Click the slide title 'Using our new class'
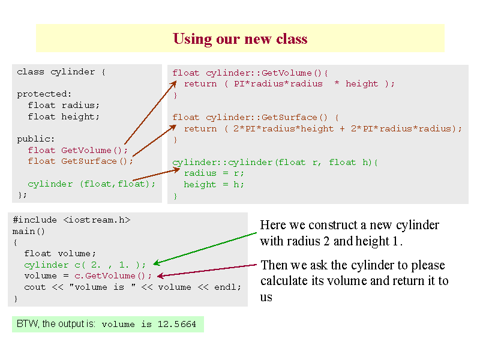click(240, 39)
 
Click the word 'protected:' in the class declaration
click(44, 94)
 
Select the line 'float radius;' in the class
click(64, 106)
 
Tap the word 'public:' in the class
click(36, 139)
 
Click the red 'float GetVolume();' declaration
click(78, 151)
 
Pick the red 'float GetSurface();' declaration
click(80, 161)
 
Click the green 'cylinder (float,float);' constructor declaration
click(92, 184)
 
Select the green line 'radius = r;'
click(214, 173)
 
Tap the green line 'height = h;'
click(214, 185)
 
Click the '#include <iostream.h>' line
click(71, 220)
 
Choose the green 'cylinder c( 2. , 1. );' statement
click(85, 265)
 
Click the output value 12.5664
click(176, 324)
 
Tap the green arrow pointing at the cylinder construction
click(205, 248)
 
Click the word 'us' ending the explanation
click(266, 297)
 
